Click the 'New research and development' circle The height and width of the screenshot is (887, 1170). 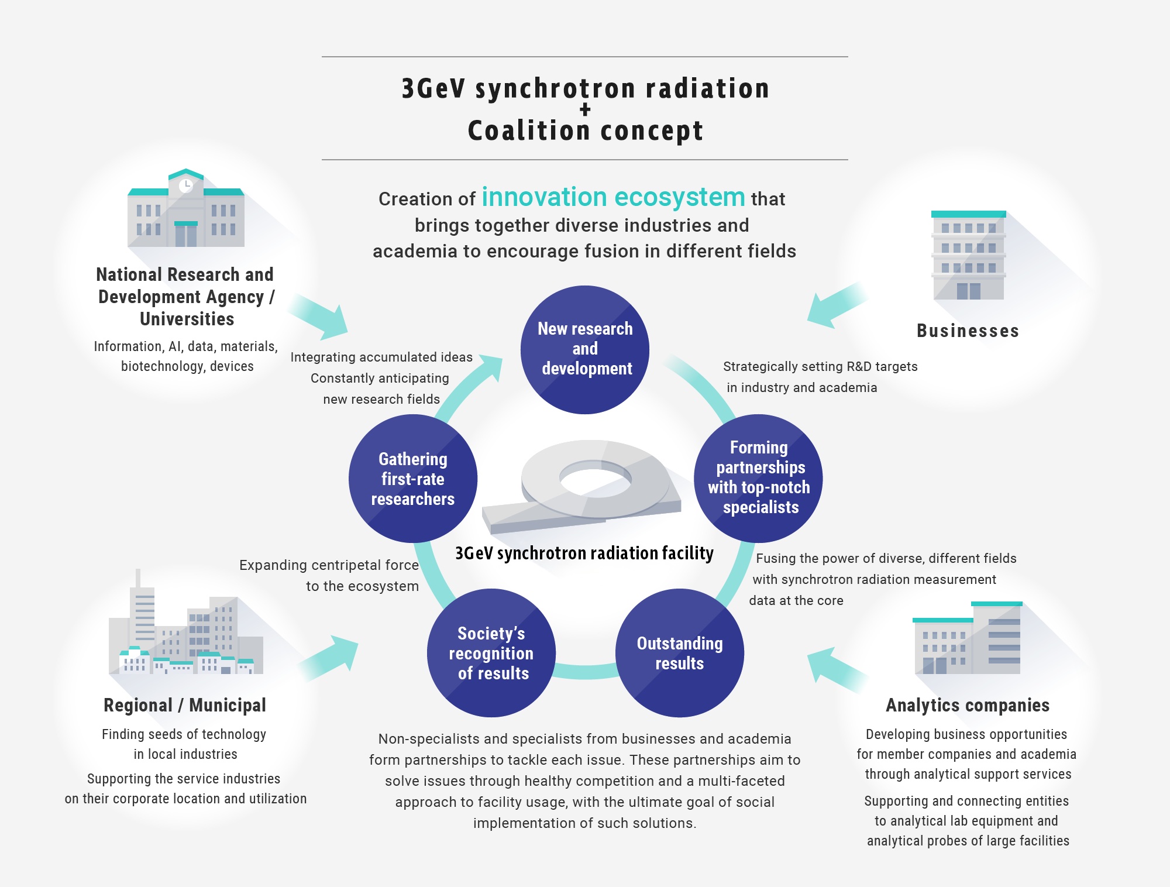coord(585,350)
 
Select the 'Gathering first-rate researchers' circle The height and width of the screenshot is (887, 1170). coord(413,479)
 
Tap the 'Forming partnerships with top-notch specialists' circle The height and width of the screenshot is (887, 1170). coord(758,479)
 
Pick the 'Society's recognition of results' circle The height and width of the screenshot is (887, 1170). coord(491,653)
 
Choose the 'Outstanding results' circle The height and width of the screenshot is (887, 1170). coord(680,653)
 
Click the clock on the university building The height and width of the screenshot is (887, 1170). coord(186,186)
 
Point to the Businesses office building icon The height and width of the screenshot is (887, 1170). coord(969,255)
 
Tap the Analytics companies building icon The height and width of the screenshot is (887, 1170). coord(968,638)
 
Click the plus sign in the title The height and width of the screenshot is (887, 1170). coord(585,109)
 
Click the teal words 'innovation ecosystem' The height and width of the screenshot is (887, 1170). coord(613,197)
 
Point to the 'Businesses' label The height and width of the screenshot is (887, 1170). coord(968,331)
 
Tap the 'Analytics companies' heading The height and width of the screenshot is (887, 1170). coord(968,706)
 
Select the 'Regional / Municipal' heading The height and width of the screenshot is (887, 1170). coord(185,705)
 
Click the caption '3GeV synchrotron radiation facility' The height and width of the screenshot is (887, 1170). coord(584,553)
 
